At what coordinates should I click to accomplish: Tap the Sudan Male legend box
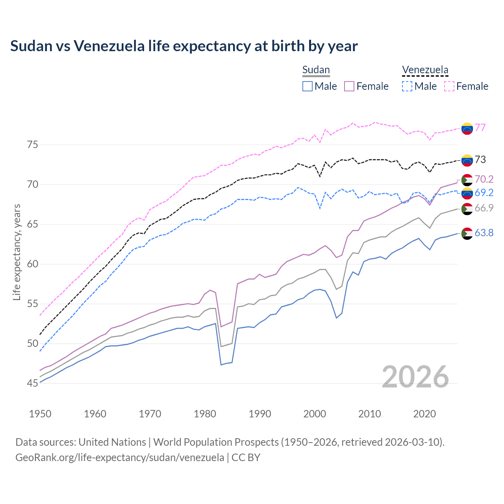[308, 86]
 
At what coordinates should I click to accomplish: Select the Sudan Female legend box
[350, 86]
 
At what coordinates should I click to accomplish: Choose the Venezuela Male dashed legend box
[407, 86]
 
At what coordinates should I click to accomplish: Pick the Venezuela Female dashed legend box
[449, 86]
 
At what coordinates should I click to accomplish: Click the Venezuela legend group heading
[425, 70]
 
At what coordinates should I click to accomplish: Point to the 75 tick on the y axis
[33, 145]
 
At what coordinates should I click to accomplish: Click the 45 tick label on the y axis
[33, 383]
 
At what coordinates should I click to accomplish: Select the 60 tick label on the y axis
[33, 264]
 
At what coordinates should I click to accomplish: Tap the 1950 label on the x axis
[40, 414]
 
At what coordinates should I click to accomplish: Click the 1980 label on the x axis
[205, 414]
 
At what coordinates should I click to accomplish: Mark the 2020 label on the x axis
[424, 414]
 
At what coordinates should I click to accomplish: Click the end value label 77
[480, 128]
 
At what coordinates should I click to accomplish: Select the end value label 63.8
[484, 233]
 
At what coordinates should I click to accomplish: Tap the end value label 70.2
[484, 180]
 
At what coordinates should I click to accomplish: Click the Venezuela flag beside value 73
[467, 160]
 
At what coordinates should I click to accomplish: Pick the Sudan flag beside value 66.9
[467, 209]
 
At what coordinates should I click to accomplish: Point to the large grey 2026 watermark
[415, 377]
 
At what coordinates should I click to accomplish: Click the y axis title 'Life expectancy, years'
[17, 252]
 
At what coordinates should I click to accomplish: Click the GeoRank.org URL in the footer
[120, 458]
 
